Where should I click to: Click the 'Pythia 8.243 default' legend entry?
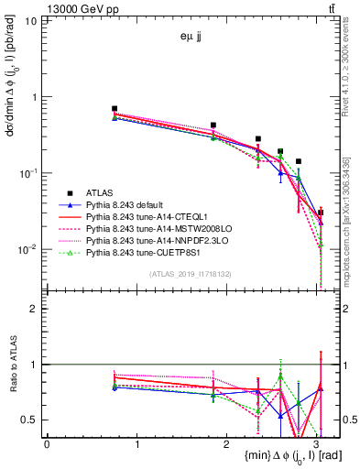[129, 204]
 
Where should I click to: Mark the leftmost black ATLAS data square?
[115, 108]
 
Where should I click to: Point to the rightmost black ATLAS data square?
[320, 213]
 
